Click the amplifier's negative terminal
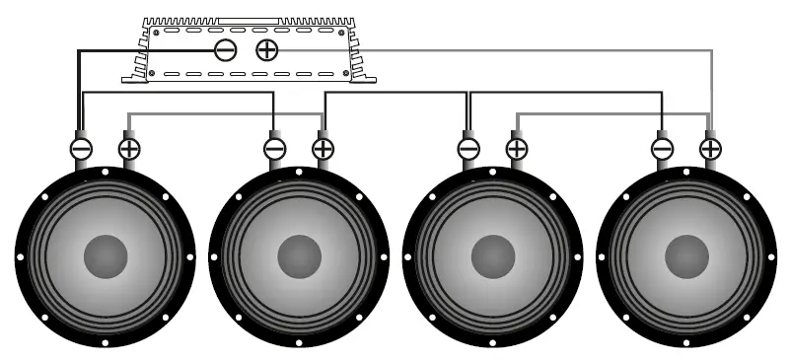coord(226,50)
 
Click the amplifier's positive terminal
coord(266,50)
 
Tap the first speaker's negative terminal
coord(81,148)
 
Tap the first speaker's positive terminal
coord(129,148)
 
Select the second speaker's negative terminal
coord(275,148)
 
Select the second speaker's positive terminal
coord(323,148)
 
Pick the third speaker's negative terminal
coord(468,148)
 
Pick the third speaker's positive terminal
coord(516,148)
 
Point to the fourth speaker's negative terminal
coord(663,148)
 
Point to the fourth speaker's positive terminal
coord(710,148)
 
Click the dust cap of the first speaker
coord(106,256)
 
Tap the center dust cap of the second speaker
coord(299,256)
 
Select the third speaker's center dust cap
coord(493,256)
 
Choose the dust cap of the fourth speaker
coord(686,256)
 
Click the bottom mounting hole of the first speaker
coord(106,343)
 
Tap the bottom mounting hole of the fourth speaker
coord(686,343)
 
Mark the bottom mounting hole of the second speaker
coord(299,343)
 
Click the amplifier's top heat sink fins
coord(247,20)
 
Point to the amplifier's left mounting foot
coord(134,73)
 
